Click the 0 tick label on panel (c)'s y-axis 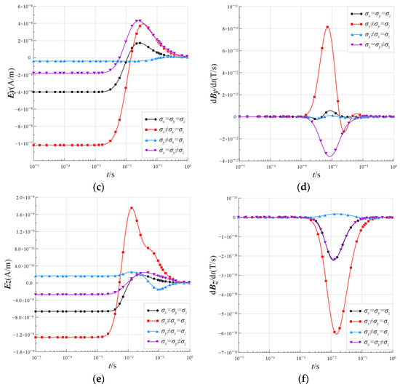pos(29,58)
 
